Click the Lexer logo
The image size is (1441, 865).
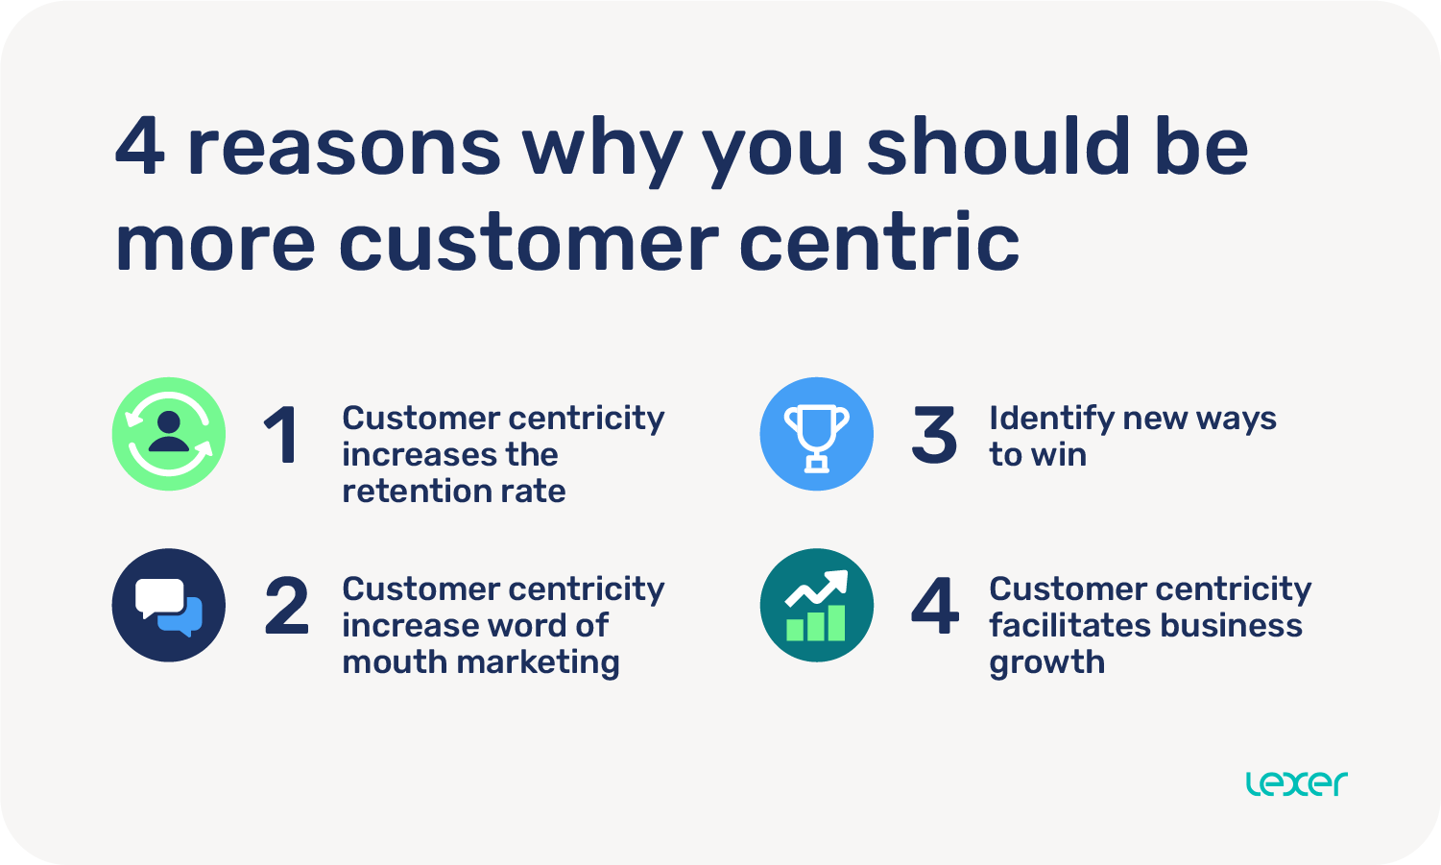pos(1296,783)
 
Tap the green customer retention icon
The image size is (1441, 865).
pos(169,434)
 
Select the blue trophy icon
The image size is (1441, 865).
pos(816,434)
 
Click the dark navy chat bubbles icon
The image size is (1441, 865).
pos(169,605)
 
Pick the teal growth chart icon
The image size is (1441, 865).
pos(816,605)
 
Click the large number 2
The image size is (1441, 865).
pos(286,606)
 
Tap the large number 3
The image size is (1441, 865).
pos(934,435)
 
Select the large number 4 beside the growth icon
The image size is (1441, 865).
pos(935,606)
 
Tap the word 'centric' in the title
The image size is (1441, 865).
pos(879,241)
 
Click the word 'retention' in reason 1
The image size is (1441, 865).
pos(411,492)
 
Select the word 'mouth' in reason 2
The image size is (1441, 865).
pos(393,661)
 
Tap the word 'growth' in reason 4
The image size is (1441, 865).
pos(1047,663)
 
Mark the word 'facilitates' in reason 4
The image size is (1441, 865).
pos(1069,625)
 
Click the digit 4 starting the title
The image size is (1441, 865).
pos(139,146)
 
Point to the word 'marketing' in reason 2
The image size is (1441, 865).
pos(538,663)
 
